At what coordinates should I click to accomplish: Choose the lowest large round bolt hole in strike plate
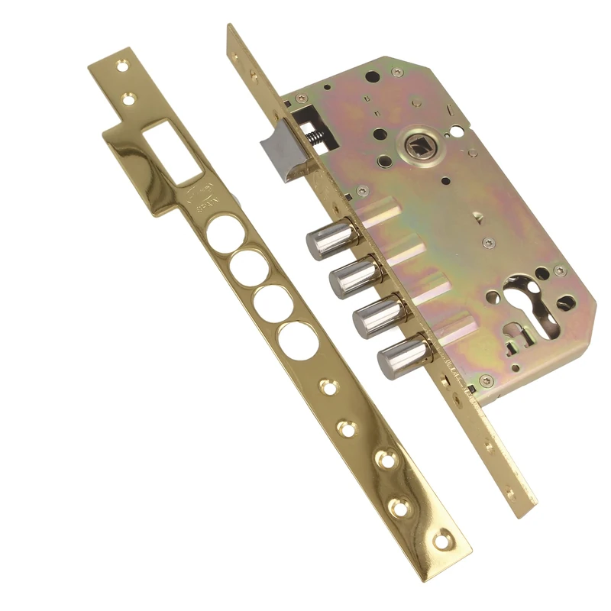[298, 341]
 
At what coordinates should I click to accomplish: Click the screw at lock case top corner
[396, 72]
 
